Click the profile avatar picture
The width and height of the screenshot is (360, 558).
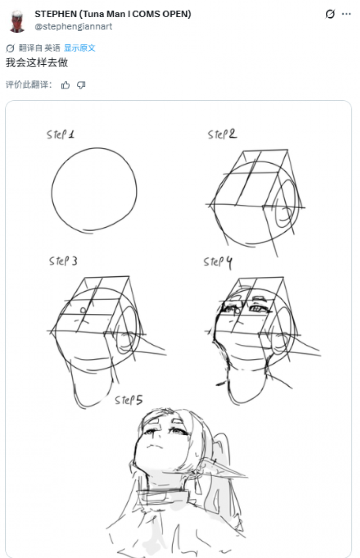pos(17,21)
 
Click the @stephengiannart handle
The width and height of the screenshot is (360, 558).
pos(73,26)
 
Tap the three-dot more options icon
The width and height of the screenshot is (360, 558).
pos(346,14)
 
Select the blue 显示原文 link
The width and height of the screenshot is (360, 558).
pos(79,47)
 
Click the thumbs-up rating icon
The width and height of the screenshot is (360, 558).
pos(65,85)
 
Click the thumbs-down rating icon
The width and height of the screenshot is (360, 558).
pos(81,85)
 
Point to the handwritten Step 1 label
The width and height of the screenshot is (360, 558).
pos(60,134)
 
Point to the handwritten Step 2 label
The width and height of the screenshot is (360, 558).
pos(222,134)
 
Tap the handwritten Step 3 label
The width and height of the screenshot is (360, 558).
pos(63,261)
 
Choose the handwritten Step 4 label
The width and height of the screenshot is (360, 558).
pos(217,262)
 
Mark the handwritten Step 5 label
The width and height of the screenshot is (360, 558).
pos(129,400)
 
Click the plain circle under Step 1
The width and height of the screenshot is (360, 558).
pos(136,190)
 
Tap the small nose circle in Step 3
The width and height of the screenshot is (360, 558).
pos(83,310)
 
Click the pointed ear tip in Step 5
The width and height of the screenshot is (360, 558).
pos(246,475)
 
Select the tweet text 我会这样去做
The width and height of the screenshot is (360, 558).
pos(36,63)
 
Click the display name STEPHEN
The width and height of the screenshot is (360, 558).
pos(56,14)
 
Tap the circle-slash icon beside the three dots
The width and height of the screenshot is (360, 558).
pos(330,14)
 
